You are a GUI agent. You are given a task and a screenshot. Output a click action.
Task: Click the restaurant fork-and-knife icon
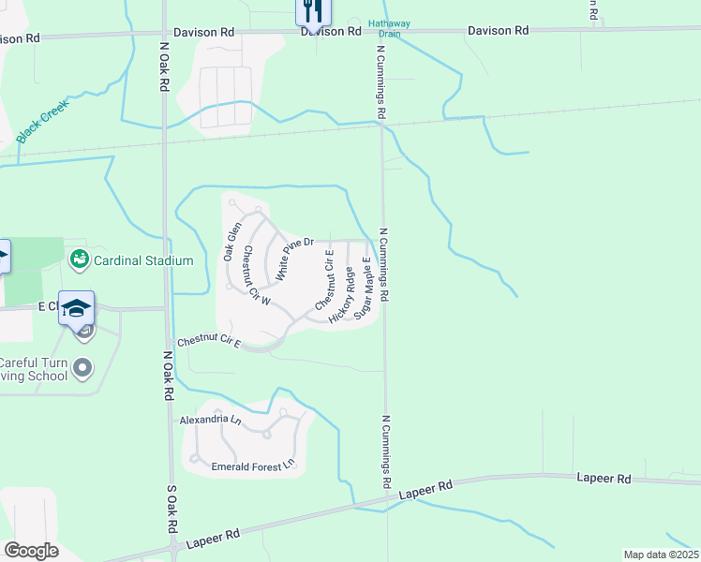[x=311, y=10]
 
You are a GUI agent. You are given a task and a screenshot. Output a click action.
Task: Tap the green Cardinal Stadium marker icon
[x=80, y=259]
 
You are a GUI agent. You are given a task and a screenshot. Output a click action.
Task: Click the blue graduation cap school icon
[x=76, y=307]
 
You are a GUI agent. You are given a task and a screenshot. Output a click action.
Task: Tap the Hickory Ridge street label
[x=343, y=295]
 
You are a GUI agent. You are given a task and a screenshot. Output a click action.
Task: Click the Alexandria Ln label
[x=210, y=421]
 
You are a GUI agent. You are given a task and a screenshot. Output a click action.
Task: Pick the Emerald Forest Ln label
[x=252, y=465]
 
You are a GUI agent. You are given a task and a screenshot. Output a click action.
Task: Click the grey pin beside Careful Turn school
[x=83, y=367]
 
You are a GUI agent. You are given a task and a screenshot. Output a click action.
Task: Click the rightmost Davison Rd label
[x=499, y=31]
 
